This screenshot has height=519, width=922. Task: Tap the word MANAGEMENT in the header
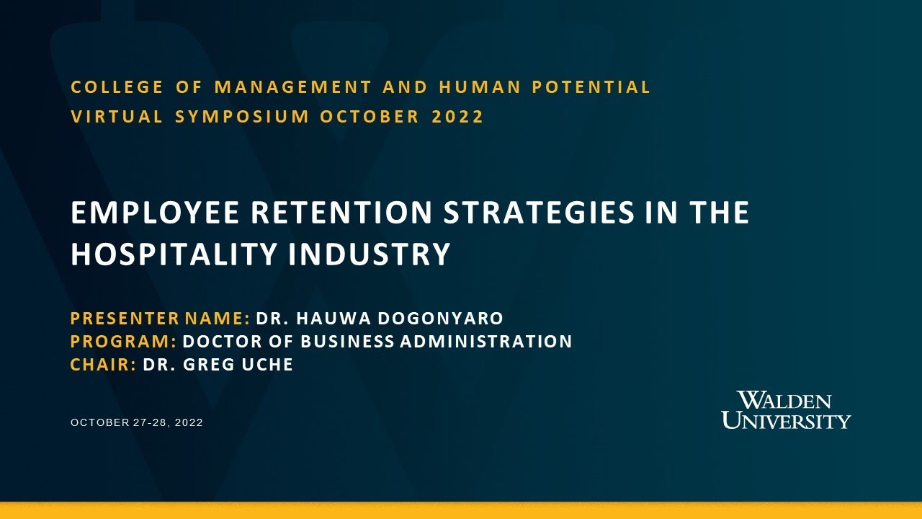pos(293,88)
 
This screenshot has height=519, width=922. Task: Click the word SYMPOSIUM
pos(242,117)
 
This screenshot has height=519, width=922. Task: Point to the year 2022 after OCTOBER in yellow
pos(458,117)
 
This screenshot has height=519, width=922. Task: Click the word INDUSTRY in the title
pos(370,254)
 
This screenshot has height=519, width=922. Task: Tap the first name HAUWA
pos(327,318)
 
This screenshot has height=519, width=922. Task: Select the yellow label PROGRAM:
pos(123,341)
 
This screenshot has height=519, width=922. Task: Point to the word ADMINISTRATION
pos(486,341)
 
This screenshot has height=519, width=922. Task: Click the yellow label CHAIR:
pos(104,364)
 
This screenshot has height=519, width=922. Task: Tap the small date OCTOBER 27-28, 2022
pos(137,422)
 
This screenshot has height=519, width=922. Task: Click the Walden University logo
pos(786,410)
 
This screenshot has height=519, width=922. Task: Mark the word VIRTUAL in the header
pos(117,117)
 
